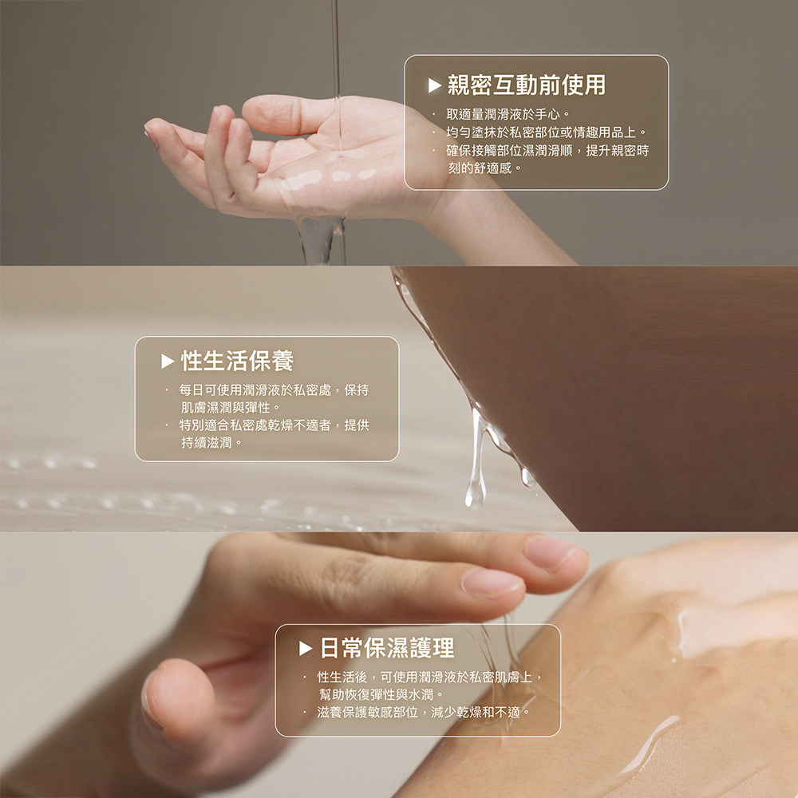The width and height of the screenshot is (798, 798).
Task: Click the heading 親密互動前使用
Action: click(526, 85)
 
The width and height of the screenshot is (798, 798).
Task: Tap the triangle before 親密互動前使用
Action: click(434, 85)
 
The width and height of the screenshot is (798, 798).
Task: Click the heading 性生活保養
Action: click(237, 361)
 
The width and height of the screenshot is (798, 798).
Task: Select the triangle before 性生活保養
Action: click(168, 361)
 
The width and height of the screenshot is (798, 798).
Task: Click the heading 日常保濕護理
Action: click(387, 648)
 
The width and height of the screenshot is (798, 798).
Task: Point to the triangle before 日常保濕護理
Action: click(306, 648)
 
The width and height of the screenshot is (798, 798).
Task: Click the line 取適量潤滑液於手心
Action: click(508, 114)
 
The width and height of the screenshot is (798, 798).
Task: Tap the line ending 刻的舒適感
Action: click(484, 168)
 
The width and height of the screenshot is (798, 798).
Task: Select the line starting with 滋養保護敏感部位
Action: click(424, 712)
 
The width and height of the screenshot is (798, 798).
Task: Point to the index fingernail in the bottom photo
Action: click(491, 583)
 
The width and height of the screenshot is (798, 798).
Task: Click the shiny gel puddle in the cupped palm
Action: click(326, 176)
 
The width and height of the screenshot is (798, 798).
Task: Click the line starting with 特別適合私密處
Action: click(274, 425)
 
